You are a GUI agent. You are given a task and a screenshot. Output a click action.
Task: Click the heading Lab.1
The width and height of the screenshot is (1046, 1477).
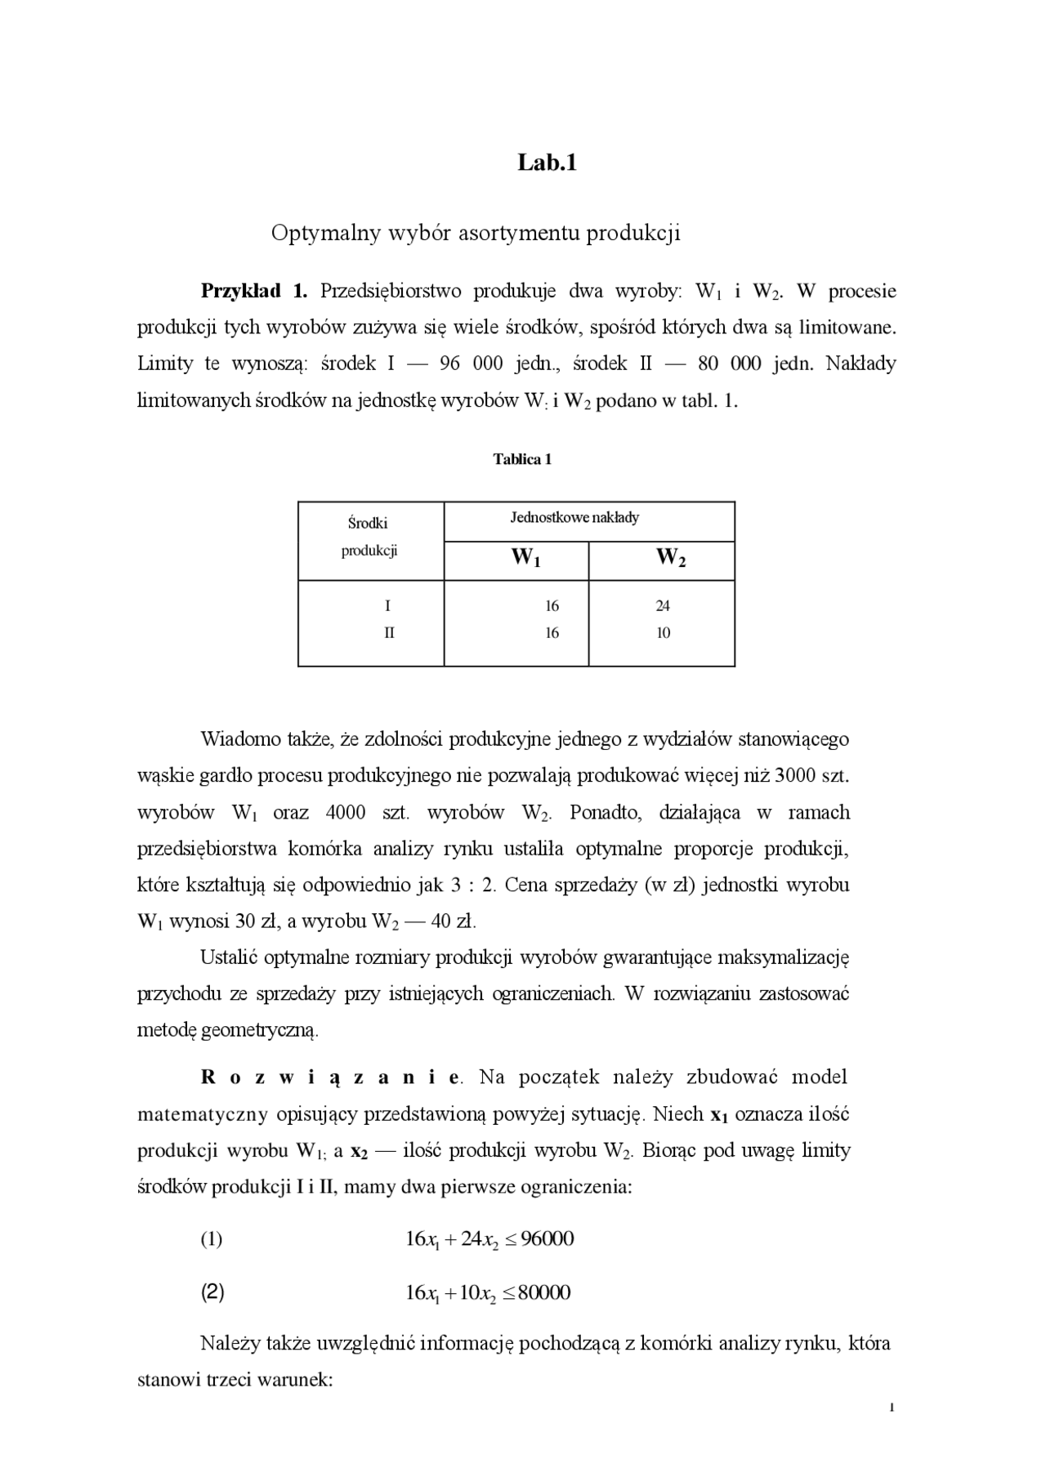pos(547,163)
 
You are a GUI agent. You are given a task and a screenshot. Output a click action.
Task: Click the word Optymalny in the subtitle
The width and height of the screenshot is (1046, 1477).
pos(315,234)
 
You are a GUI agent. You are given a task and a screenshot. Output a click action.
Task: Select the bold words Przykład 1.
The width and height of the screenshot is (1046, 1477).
pos(254,291)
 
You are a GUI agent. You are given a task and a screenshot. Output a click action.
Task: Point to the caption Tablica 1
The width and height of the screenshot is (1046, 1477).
pos(522,459)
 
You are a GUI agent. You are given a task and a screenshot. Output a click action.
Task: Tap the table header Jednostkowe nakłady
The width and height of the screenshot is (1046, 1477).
pos(574,517)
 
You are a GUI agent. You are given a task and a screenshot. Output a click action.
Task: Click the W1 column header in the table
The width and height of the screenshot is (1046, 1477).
pos(525,558)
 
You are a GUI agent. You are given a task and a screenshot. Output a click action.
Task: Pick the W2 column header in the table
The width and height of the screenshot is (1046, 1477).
pos(671,558)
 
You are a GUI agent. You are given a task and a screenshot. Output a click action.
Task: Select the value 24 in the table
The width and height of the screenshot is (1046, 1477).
pos(662,606)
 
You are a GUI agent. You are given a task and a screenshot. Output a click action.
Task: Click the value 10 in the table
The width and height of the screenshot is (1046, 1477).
pos(663,633)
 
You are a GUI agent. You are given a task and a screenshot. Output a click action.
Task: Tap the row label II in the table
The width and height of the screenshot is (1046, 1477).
pos(389,633)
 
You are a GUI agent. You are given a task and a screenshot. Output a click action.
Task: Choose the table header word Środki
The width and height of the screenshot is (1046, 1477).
pos(368,524)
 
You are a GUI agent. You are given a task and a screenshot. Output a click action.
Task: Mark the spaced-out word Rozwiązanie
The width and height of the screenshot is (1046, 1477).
pos(329,1078)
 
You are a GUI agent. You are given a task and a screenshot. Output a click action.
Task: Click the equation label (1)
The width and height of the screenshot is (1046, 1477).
pos(212,1239)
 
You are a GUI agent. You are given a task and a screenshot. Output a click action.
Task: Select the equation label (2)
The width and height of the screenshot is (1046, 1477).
pos(212,1292)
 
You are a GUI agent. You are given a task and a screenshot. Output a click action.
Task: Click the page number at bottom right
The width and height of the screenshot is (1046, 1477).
pos(892,1408)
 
